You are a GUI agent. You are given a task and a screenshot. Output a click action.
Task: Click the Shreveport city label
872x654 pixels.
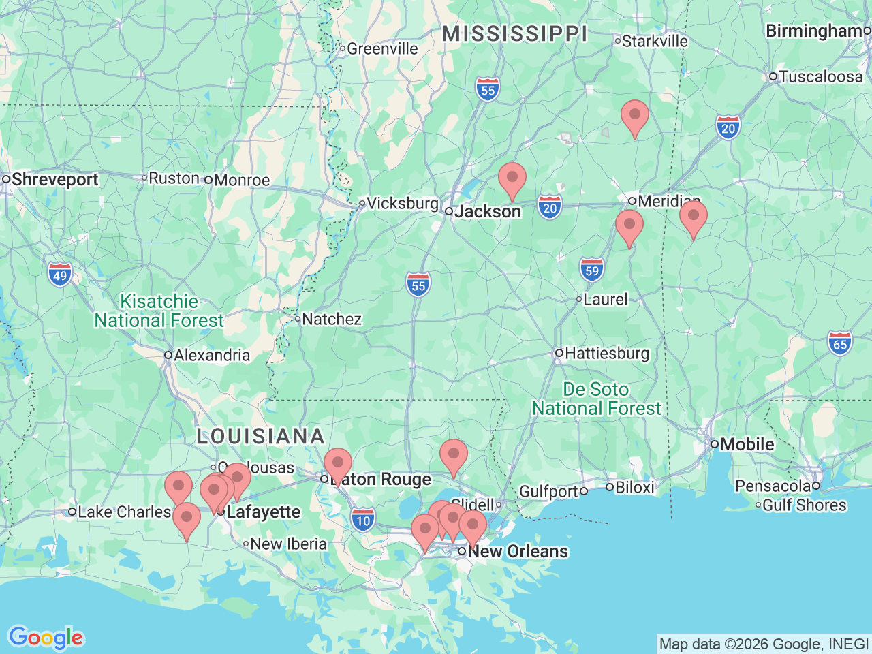pyautogui.click(x=54, y=180)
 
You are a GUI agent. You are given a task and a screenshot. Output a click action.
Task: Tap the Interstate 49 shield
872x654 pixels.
pyautogui.click(x=60, y=275)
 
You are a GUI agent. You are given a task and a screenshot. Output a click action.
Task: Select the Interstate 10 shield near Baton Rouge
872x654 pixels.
pyautogui.click(x=364, y=521)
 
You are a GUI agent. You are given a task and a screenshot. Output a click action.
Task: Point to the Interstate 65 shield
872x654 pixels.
pyautogui.click(x=840, y=343)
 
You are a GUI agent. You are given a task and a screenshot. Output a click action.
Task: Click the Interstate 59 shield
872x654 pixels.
pyautogui.click(x=592, y=270)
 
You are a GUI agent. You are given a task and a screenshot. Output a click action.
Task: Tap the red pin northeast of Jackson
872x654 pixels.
pyautogui.click(x=512, y=179)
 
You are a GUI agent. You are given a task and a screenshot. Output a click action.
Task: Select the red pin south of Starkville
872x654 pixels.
pyautogui.click(x=634, y=116)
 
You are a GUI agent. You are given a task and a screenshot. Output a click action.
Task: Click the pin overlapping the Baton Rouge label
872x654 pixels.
pyautogui.click(x=337, y=465)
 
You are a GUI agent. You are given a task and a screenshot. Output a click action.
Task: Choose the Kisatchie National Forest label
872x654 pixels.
pyautogui.click(x=159, y=311)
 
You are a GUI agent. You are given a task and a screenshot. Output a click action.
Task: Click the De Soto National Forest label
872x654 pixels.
pyautogui.click(x=596, y=399)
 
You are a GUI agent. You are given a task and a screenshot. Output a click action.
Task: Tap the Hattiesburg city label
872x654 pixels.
pyautogui.click(x=606, y=353)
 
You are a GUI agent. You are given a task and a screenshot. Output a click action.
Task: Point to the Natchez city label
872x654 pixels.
pyautogui.click(x=331, y=319)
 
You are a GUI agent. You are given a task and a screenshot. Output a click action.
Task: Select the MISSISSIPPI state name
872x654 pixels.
pyautogui.click(x=515, y=33)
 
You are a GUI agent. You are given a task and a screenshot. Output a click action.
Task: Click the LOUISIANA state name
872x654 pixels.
pyautogui.click(x=260, y=436)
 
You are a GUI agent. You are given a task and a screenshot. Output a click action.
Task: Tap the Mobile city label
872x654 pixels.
pyautogui.click(x=747, y=444)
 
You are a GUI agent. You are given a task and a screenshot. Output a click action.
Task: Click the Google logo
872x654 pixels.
pyautogui.click(x=46, y=638)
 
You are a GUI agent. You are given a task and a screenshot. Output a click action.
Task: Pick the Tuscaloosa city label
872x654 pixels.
pyautogui.click(x=820, y=76)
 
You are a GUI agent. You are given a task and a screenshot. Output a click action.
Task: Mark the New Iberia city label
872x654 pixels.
pyautogui.click(x=288, y=544)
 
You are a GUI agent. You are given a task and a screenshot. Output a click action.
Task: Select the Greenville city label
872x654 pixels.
pyautogui.click(x=382, y=48)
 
